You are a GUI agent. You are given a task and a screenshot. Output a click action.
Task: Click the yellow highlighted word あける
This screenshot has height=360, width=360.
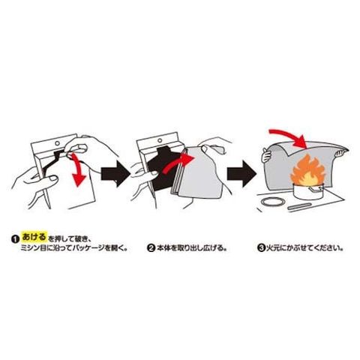(34, 236)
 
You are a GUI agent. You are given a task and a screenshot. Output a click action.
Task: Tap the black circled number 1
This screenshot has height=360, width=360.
(15, 239)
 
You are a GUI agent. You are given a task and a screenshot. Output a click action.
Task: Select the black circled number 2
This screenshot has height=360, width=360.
(151, 248)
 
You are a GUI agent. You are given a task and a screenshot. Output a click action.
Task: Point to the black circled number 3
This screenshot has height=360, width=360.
(261, 248)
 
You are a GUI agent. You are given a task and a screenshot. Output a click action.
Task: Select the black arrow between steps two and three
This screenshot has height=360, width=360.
(241, 174)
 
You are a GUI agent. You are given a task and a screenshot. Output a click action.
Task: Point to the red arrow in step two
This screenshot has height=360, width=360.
(176, 163)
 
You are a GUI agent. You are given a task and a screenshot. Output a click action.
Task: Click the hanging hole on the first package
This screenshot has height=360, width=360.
(58, 143)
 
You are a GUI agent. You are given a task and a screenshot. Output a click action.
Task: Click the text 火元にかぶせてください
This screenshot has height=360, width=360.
(303, 248)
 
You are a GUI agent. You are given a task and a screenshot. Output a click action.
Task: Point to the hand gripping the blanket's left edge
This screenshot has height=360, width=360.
(267, 154)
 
